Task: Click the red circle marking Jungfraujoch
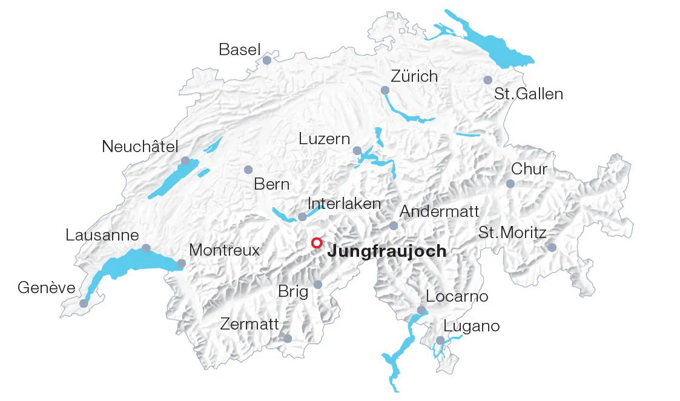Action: [x=316, y=243]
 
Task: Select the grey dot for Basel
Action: [x=267, y=60]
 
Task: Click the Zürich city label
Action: [x=414, y=77]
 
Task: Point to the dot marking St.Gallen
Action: [x=487, y=80]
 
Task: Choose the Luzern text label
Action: [x=325, y=139]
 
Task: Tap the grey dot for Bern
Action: [x=248, y=170]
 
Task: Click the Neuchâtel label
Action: [x=140, y=147]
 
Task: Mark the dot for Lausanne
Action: [x=146, y=248]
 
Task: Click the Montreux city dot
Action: [x=181, y=263]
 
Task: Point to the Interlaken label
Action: [x=344, y=204]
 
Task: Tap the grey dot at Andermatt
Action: [x=394, y=226]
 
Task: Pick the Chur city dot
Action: [x=510, y=184]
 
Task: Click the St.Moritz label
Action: [x=512, y=233]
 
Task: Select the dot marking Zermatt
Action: [x=288, y=338]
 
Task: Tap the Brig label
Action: [x=293, y=291]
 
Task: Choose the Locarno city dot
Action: [x=421, y=310]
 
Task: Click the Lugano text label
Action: [x=472, y=326]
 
